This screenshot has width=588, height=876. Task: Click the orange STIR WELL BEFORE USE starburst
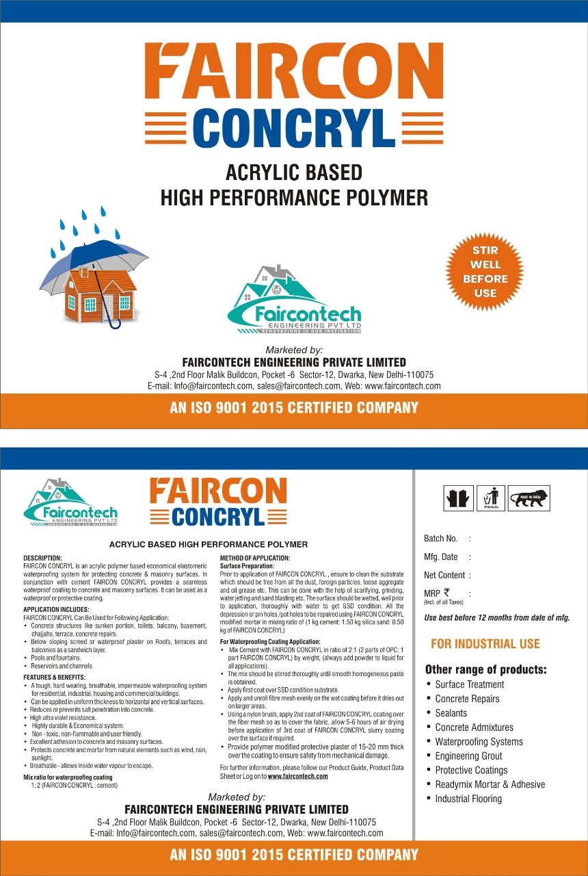click(x=485, y=272)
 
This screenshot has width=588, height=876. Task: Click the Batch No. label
click(x=441, y=539)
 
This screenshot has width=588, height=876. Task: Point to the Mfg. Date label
click(x=441, y=557)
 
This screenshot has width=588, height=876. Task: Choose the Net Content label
click(x=444, y=576)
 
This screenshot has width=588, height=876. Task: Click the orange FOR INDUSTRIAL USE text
click(x=485, y=644)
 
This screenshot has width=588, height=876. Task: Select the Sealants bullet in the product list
click(x=451, y=713)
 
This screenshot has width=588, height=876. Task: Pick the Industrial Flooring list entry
click(x=468, y=799)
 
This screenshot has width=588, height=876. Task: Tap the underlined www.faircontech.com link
click(x=297, y=777)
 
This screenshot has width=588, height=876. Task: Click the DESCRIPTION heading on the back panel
click(x=42, y=558)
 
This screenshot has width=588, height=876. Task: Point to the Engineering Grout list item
click(x=468, y=756)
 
